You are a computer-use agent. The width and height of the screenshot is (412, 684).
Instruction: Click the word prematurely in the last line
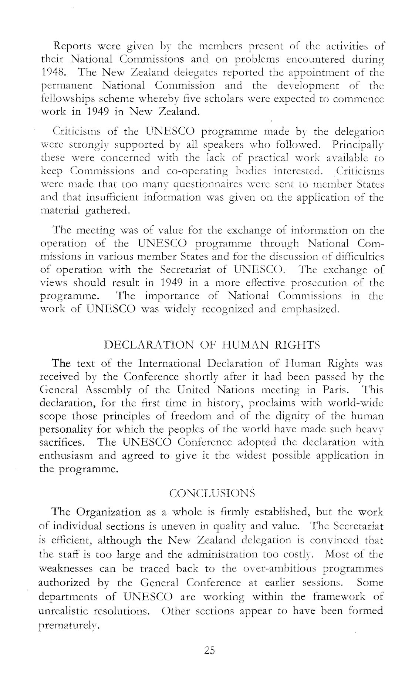coord(68,625)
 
